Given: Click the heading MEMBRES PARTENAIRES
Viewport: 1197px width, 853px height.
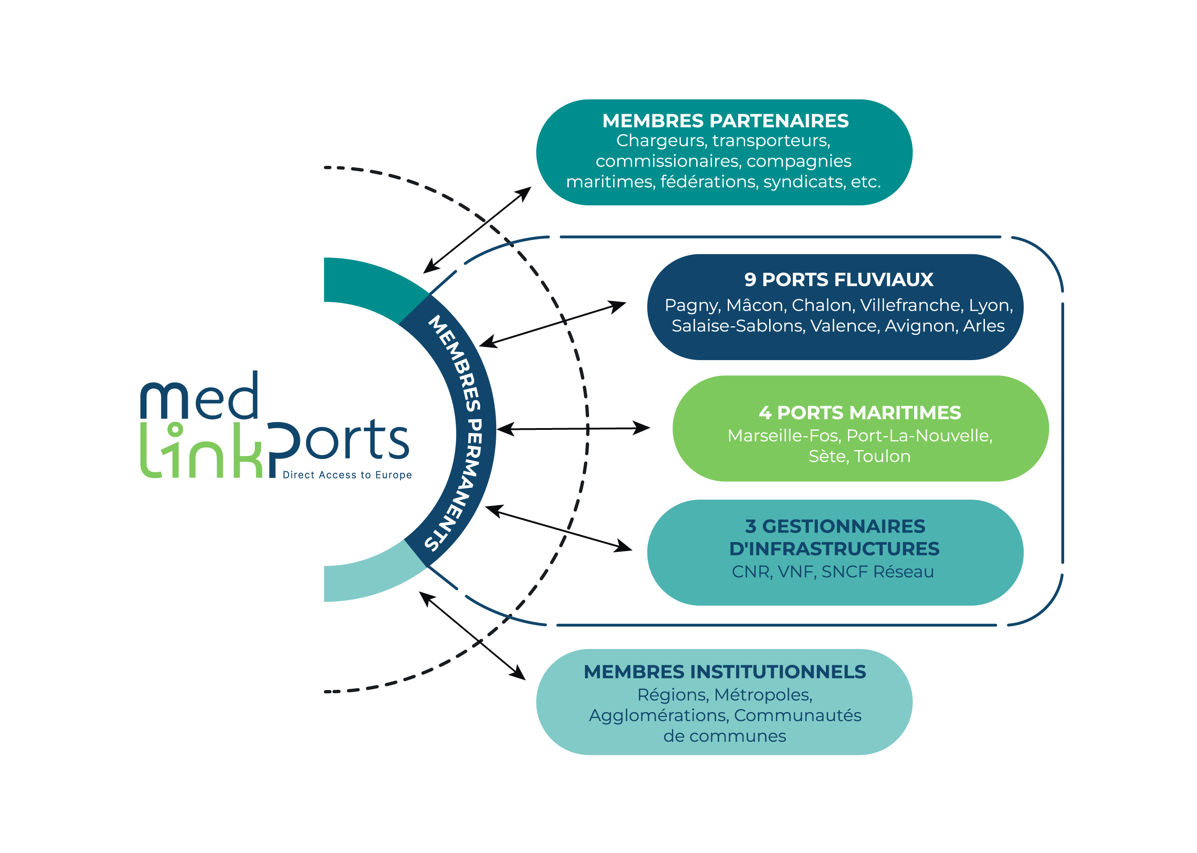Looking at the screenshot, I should (725, 121).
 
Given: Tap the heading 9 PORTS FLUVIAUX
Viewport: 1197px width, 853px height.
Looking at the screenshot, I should (839, 280).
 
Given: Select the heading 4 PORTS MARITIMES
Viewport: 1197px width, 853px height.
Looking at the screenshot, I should (860, 413).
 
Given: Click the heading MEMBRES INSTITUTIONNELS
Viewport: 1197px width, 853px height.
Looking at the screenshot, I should (725, 672).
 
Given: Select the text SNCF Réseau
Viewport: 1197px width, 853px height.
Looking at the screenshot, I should (878, 572).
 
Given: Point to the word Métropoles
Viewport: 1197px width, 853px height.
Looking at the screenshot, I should (763, 695).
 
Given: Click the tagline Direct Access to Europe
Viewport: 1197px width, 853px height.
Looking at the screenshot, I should (347, 475).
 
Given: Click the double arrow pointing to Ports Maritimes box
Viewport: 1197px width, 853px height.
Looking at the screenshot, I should (573, 429).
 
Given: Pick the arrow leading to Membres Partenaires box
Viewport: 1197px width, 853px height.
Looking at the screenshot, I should (477, 230).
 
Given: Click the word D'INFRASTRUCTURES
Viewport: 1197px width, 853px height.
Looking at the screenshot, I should (834, 549).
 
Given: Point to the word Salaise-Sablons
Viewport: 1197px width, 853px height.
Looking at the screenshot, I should (738, 326).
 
